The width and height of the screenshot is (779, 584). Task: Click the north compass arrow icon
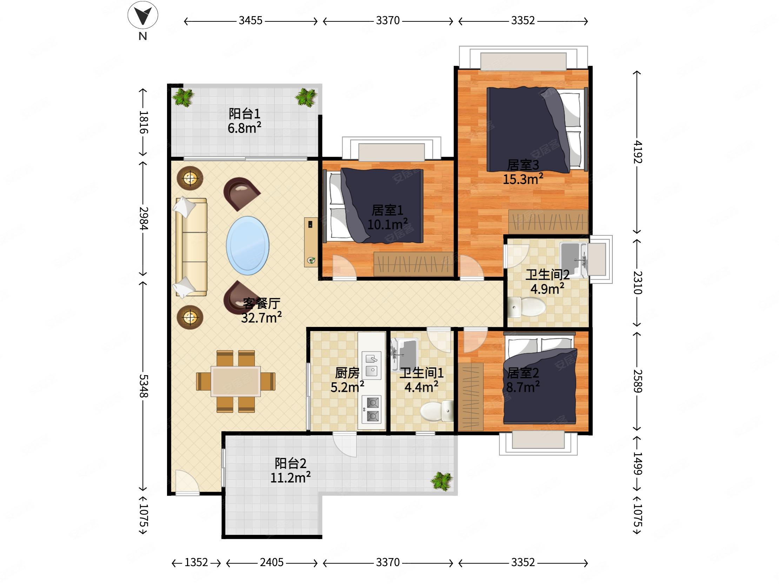tap(142, 15)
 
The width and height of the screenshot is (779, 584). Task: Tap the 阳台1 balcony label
tap(245, 114)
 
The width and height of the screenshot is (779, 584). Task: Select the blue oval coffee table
tap(248, 246)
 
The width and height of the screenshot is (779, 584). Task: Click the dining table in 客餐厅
tap(235, 381)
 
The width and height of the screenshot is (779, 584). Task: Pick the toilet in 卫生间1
tap(437, 411)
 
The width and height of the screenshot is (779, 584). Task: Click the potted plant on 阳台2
tap(442, 481)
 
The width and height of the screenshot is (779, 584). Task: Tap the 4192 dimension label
tap(638, 152)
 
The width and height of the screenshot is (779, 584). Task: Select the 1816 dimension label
tap(143, 122)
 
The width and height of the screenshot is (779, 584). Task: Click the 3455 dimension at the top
tap(251, 20)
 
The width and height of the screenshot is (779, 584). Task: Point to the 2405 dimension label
tap(272, 562)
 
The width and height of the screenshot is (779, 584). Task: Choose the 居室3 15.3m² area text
tap(523, 172)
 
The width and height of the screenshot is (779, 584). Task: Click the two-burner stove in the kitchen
tap(372, 409)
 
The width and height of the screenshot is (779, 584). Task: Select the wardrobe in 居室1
tap(413, 264)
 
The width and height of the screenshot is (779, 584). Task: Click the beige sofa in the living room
tap(191, 247)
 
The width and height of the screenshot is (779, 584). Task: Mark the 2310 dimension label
tap(638, 282)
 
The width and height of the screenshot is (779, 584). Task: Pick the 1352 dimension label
tap(196, 562)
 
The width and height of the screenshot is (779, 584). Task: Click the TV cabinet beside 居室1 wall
tap(311, 242)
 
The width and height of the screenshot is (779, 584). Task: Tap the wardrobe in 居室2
tap(471, 396)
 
